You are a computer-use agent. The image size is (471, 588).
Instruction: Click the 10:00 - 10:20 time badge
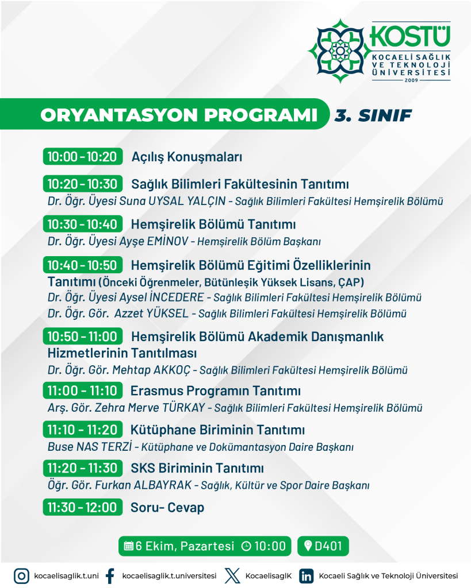click(82, 157)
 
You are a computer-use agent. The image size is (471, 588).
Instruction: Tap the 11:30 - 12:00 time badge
click(82, 508)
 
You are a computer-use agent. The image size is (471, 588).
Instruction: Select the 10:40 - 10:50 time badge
click(82, 265)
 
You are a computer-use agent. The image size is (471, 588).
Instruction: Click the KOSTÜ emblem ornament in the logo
click(340, 51)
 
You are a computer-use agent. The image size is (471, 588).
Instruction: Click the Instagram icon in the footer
click(22, 575)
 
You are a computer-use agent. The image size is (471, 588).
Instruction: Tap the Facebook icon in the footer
click(110, 575)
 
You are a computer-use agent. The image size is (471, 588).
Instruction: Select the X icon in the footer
click(231, 575)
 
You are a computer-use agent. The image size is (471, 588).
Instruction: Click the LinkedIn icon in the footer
click(307, 575)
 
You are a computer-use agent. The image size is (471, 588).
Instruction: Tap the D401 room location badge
click(323, 546)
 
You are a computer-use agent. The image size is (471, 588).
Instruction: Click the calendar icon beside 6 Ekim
click(129, 546)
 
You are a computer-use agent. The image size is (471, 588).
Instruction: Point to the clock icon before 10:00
click(246, 546)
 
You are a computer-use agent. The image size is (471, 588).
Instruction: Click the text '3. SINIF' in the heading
click(373, 115)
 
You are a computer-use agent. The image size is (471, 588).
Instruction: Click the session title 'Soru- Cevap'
click(167, 508)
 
